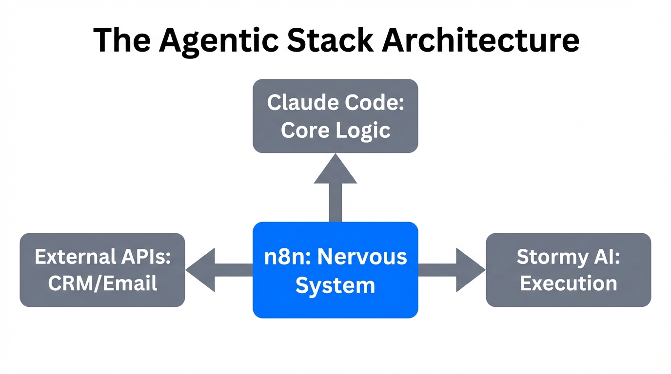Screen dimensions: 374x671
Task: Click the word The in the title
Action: pos(122,40)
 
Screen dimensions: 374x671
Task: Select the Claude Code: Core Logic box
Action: pos(335,116)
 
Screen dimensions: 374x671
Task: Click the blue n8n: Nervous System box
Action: pos(335,270)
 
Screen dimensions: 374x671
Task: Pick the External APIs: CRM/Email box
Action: pos(102,270)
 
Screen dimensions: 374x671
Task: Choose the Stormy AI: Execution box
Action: pos(569,270)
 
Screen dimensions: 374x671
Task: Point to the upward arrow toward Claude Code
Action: pos(335,187)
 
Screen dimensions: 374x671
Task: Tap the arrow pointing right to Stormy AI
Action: pos(452,270)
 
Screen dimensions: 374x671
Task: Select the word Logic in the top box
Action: pos(367,130)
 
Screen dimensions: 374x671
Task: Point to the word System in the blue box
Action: pos(335,284)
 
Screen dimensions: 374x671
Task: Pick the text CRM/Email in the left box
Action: pos(102,283)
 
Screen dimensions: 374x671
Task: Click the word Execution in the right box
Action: pos(569,283)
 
